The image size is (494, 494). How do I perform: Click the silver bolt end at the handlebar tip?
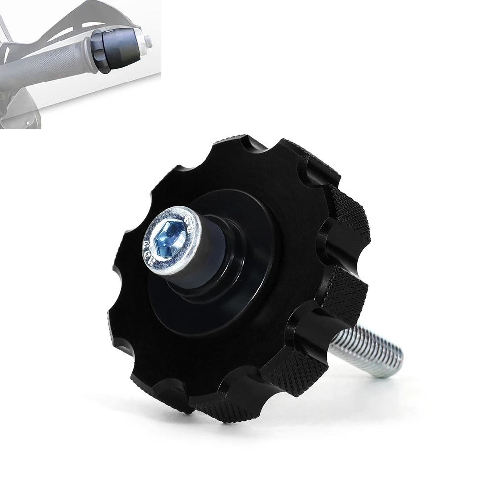[x=147, y=41]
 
